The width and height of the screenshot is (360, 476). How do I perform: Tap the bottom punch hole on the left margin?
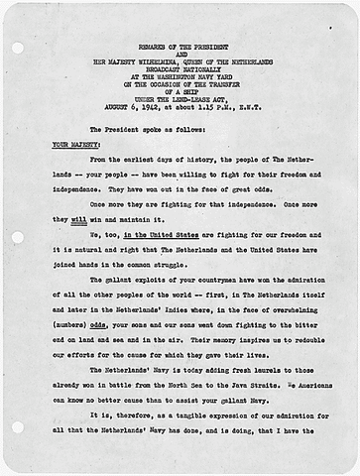pos(15,426)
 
